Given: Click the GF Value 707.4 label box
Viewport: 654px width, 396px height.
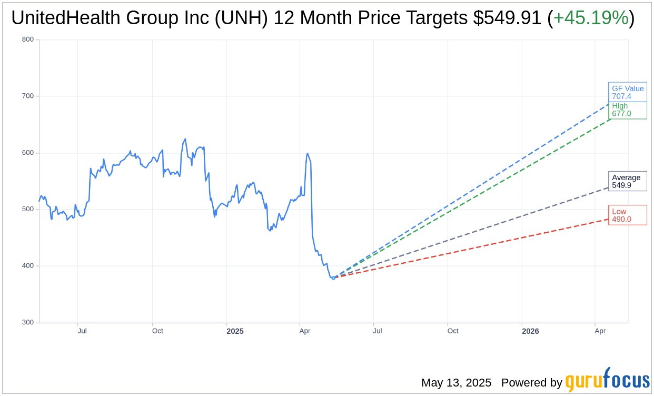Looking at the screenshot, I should pos(627,92).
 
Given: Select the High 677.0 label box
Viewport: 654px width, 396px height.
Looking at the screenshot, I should pos(627,110).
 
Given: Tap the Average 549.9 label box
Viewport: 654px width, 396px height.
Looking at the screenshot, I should pos(627,181).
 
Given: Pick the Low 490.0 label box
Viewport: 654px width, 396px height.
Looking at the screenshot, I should pos(627,215).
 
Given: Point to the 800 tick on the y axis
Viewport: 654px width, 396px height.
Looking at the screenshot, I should pos(28,39).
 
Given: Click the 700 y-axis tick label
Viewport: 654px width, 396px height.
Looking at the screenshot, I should pos(28,96).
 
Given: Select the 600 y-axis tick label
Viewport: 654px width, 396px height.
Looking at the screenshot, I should pos(28,153).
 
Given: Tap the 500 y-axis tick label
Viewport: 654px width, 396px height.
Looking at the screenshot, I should pos(28,209).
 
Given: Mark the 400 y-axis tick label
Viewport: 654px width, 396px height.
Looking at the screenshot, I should pos(28,266).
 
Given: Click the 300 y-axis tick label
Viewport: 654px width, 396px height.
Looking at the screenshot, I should pos(28,322).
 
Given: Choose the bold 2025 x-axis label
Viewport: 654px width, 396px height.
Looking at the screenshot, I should pos(235,331).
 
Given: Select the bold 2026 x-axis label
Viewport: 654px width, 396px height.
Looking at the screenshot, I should pos(530,331).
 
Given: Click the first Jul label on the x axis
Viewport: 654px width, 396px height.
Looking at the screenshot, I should pos(82,331).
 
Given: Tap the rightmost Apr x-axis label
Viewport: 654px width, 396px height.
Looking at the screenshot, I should pos(600,331).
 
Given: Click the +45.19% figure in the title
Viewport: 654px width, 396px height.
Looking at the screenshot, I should pos(590,18).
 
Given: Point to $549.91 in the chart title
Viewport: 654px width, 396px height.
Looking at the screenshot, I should pos(507,18).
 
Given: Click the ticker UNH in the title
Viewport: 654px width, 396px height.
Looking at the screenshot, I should pos(245,18).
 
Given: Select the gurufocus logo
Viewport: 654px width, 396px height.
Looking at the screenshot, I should pos(607,381).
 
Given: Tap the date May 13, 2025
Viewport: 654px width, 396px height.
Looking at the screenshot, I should pos(456,383).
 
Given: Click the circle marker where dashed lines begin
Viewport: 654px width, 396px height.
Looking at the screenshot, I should pos(333,278).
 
